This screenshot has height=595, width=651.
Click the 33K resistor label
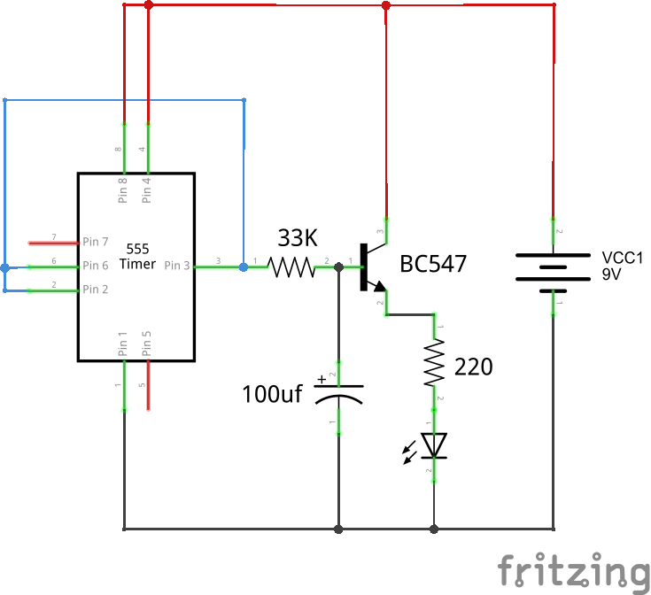click(296, 238)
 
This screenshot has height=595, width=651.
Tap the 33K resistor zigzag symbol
click(291, 267)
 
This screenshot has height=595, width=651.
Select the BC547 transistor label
click(433, 264)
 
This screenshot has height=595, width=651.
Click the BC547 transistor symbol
click(370, 267)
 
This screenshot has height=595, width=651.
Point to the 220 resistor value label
click(473, 367)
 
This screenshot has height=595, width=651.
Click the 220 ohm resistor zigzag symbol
click(434, 366)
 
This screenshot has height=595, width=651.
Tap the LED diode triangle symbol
click(434, 445)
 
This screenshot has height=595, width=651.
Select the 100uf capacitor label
click(272, 394)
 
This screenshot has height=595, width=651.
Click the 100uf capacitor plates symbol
click(338, 394)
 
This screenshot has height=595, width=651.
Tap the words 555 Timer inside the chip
click(136, 256)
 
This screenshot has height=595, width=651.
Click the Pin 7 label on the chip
click(96, 242)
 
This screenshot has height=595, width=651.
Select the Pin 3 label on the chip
click(176, 266)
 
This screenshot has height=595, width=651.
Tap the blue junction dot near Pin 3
click(244, 266)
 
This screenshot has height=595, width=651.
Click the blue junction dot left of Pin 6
click(5, 267)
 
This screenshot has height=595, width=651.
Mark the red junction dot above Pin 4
click(148, 5)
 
